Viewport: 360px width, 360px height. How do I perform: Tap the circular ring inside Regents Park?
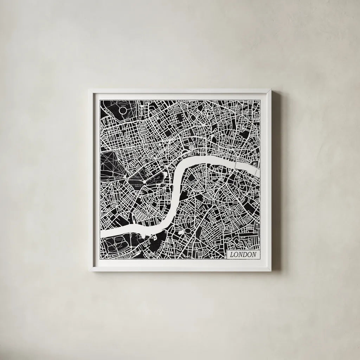coord(124,112)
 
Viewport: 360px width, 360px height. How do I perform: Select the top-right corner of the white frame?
coord(271,89)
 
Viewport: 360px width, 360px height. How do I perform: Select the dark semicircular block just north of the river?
coord(185,153)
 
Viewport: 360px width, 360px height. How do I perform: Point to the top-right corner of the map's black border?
coord(260,100)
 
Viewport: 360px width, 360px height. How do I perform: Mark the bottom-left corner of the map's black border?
coord(100,261)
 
